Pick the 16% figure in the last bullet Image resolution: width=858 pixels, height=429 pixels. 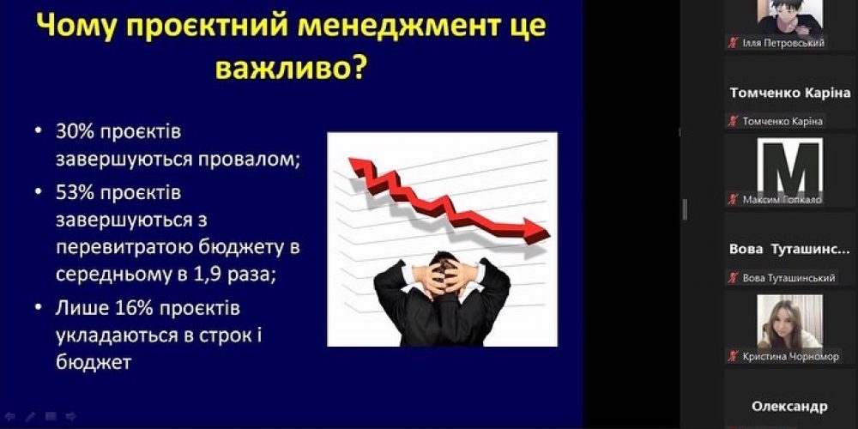click(126, 306)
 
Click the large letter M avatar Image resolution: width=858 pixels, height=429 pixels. click(790, 167)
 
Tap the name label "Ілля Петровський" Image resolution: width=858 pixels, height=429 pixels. click(783, 43)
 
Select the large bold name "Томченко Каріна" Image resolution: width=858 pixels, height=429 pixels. click(789, 93)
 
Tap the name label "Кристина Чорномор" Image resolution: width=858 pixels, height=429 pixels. click(790, 356)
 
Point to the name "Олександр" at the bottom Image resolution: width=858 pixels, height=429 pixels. click(789, 406)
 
